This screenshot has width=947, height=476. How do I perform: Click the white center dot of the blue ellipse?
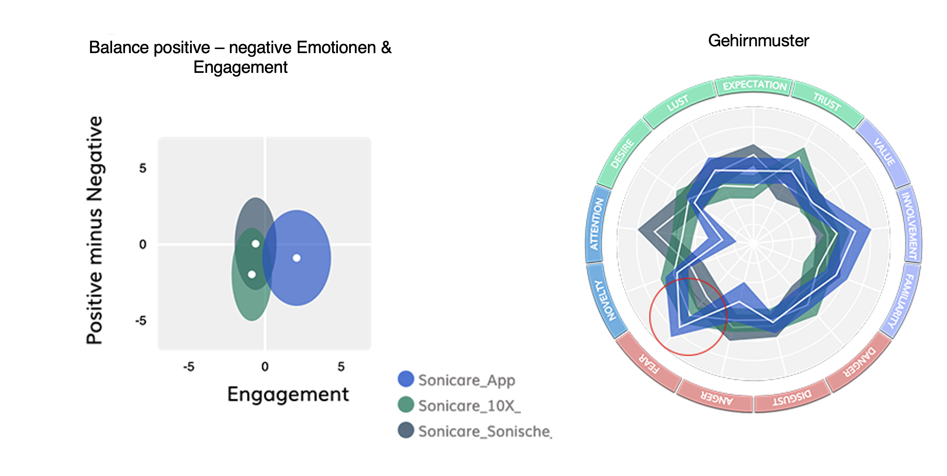[x=297, y=258]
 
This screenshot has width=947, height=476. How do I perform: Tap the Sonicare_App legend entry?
[x=466, y=380]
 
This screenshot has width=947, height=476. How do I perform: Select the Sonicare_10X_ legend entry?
[x=469, y=406]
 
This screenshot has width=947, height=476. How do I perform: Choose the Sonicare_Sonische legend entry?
[x=483, y=431]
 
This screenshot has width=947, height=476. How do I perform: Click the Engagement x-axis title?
[x=288, y=394]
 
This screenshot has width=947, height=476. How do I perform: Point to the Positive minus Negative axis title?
[x=94, y=230]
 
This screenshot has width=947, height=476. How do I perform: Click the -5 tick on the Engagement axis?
[x=189, y=366]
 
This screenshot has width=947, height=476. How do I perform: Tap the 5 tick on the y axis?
[x=143, y=168]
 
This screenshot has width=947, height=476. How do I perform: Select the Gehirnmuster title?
[x=758, y=41]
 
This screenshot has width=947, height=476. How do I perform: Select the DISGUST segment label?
[x=792, y=398]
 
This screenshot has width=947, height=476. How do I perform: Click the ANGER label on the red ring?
[x=716, y=398]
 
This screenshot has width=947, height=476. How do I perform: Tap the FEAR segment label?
[x=649, y=364]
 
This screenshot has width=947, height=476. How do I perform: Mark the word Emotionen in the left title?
[x=336, y=48]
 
